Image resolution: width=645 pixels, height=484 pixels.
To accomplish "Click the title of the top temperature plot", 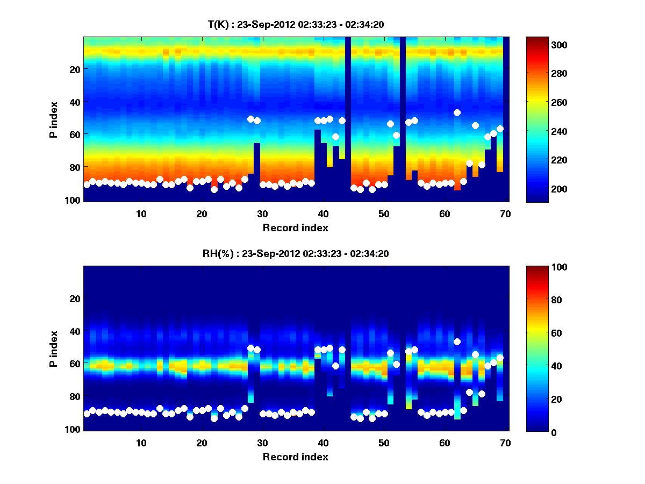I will pyautogui.click(x=295, y=24).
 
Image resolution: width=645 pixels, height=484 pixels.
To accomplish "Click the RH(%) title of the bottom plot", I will pyautogui.click(x=295, y=254).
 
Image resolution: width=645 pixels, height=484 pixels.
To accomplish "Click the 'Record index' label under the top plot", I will pyautogui.click(x=295, y=228).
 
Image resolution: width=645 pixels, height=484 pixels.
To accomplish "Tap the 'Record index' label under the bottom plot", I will pyautogui.click(x=295, y=457).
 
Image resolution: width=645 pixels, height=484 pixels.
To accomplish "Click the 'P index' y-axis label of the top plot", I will pyautogui.click(x=53, y=119).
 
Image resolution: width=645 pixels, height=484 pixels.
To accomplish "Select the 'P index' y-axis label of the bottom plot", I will pyautogui.click(x=53, y=348).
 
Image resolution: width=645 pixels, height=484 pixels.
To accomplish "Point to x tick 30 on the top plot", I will pyautogui.click(x=263, y=213).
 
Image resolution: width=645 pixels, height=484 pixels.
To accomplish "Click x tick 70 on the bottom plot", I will pyautogui.click(x=505, y=443).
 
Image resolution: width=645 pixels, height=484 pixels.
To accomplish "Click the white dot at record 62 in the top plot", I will pyautogui.click(x=457, y=112).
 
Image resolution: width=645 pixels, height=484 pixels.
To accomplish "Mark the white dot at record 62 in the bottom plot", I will pyautogui.click(x=457, y=341).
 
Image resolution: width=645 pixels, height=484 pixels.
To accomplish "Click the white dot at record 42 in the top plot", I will pyautogui.click(x=335, y=137).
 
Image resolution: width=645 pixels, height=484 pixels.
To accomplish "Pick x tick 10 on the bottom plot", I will pyautogui.click(x=141, y=443).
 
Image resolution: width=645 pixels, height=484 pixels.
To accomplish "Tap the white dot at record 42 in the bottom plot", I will pyautogui.click(x=335, y=366).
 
